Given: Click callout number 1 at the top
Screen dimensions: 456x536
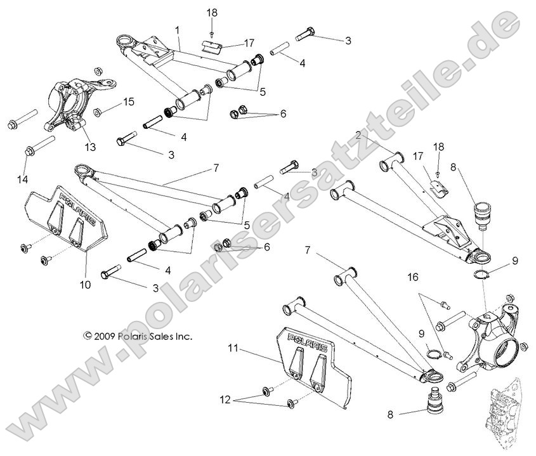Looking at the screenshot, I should coord(177,30).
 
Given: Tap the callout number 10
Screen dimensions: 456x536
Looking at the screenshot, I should coord(86,285).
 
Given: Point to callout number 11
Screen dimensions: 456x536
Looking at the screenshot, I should coord(233,348).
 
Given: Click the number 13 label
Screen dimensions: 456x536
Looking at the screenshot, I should coord(91,147).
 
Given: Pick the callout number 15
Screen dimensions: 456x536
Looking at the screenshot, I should coord(128,101).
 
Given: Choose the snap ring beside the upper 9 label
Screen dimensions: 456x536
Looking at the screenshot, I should coord(483,274).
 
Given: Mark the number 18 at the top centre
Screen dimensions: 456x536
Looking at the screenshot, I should coord(212,12).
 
